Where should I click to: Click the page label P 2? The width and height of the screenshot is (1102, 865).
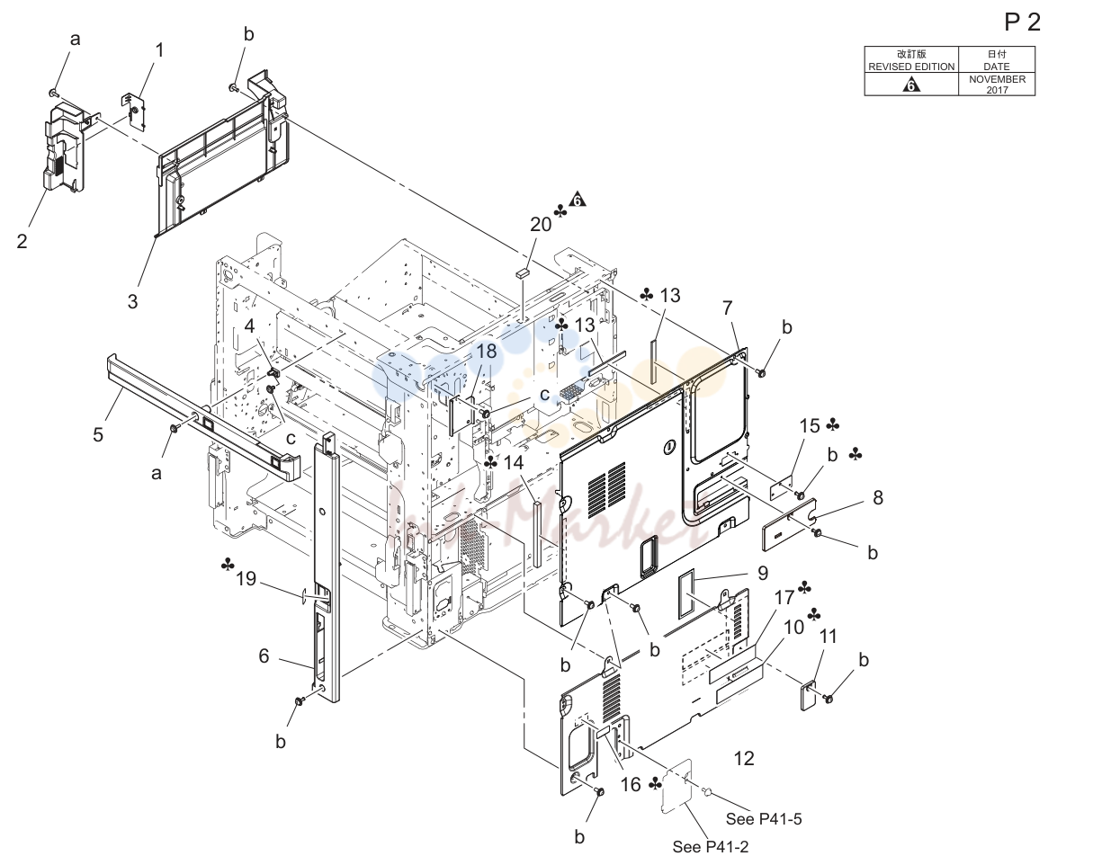tap(1022, 22)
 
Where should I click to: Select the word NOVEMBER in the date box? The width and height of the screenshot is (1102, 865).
tap(997, 79)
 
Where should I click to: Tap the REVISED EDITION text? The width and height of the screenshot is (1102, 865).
tap(911, 67)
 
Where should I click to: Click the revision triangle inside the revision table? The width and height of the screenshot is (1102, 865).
tap(911, 85)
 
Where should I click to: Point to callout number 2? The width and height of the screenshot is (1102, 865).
tap(22, 241)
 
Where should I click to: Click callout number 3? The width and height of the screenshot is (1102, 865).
tap(132, 301)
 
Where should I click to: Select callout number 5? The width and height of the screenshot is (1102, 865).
tap(98, 434)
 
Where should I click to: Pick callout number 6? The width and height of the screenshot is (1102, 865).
tap(264, 655)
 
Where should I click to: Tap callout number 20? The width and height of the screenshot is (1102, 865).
tap(541, 225)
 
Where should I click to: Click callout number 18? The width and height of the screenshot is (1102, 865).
tap(487, 352)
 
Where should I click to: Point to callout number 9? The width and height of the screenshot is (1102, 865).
tap(763, 573)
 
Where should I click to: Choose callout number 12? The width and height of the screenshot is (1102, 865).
tap(744, 758)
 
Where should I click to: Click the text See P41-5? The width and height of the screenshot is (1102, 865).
tap(764, 819)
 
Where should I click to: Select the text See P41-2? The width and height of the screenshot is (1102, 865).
tap(710, 847)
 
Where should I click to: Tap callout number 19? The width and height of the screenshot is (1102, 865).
tap(246, 579)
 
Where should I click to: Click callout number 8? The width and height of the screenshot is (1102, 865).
tap(878, 497)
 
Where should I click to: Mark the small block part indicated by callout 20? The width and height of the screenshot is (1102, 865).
tap(522, 273)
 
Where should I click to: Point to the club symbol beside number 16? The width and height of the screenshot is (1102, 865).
tap(655, 784)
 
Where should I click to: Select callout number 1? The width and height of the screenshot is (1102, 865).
tap(160, 50)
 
